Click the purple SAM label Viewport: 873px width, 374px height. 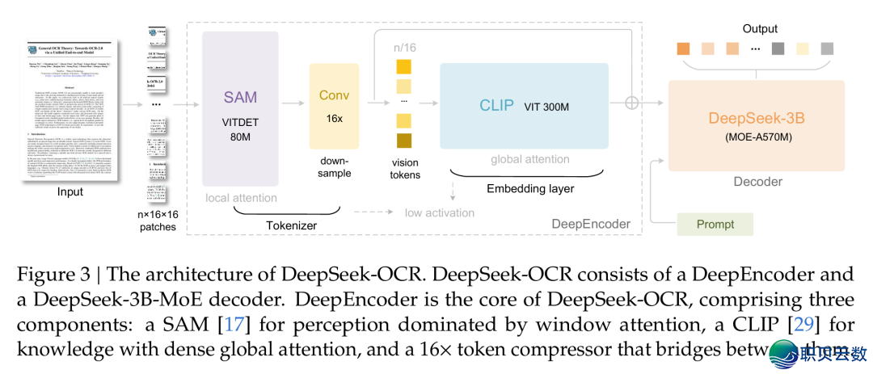point(240,98)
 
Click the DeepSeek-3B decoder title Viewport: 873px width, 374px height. point(756,118)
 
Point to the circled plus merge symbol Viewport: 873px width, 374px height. point(632,103)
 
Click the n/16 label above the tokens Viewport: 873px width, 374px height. point(405,48)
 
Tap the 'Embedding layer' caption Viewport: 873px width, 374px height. point(529,189)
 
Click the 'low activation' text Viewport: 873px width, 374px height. point(440,212)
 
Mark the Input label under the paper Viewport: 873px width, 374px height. point(70,192)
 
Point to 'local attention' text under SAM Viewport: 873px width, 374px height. point(240,198)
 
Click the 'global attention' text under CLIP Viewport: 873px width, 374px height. point(529,160)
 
